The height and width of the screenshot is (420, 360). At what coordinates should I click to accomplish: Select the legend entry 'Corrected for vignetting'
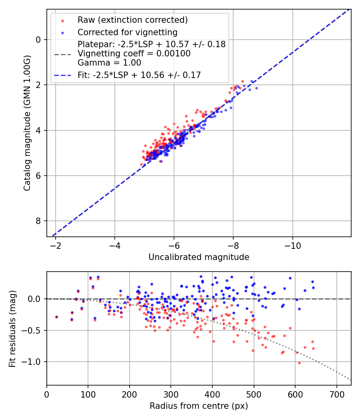coord(127,32)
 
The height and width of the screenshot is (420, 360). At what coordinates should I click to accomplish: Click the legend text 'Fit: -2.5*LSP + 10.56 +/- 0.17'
coord(139,75)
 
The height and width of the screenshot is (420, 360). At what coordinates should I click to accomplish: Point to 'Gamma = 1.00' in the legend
coord(109,62)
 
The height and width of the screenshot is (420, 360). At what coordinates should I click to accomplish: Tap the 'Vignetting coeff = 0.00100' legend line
coord(134,53)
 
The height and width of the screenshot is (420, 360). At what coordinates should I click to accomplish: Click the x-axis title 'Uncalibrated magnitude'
coord(199,257)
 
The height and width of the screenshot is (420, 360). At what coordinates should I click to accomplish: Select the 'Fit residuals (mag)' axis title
coord(12,328)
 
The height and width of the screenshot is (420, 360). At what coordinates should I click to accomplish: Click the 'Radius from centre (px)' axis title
coord(199,406)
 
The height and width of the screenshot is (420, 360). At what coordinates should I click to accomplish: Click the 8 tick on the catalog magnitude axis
coord(38,221)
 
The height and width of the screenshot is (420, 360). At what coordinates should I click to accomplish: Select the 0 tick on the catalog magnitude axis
coord(38,40)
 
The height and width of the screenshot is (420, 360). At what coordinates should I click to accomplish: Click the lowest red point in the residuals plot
coord(299,363)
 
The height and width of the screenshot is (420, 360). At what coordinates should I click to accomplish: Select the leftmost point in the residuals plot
coord(56,317)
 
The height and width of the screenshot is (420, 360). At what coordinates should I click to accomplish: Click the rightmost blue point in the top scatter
coord(256,88)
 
